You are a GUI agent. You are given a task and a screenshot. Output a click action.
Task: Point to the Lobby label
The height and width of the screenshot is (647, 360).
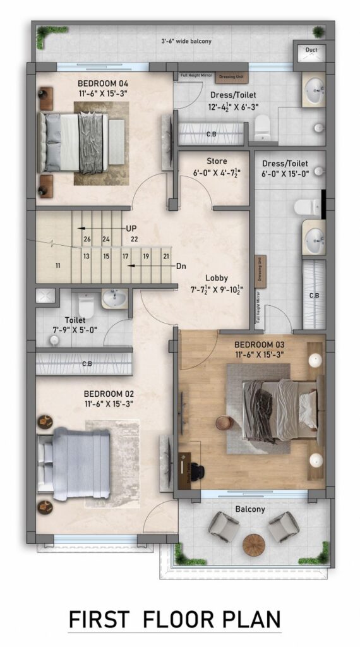217,278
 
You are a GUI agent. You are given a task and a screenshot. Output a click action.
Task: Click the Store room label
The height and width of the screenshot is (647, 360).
217,162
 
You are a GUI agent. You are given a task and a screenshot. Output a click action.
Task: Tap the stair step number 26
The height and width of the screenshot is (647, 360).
87,239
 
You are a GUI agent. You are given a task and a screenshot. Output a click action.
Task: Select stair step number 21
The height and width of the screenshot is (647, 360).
166,256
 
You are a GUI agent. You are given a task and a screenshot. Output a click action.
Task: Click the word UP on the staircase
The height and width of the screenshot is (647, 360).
131,228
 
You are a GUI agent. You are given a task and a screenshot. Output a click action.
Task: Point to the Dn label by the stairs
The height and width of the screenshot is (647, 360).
181,266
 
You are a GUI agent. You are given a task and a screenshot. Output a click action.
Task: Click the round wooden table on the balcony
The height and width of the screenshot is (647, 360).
254,543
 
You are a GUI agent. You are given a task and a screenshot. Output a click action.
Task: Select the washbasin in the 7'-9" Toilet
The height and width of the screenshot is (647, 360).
114,299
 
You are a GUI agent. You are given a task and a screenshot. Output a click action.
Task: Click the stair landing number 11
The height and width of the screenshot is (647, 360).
57,265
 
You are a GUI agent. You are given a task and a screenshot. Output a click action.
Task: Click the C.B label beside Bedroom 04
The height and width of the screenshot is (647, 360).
211,135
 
